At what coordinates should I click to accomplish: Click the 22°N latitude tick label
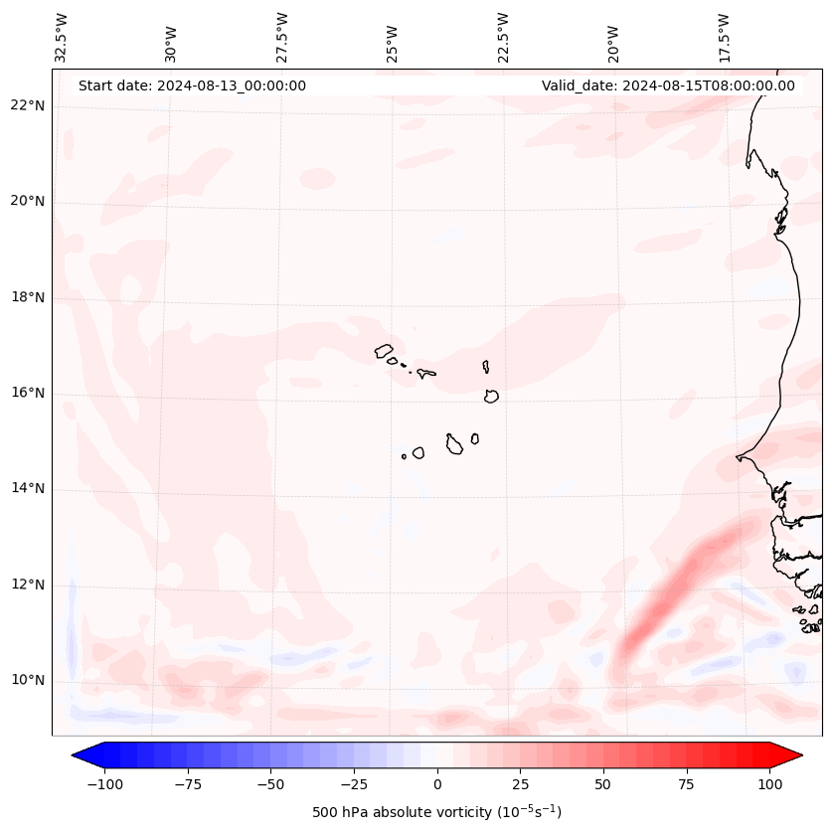pyautogui.click(x=29, y=105)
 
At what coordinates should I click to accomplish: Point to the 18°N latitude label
pyautogui.click(x=29, y=297)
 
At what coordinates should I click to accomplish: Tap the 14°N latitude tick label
pyautogui.click(x=29, y=488)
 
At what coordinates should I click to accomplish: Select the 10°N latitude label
pyautogui.click(x=29, y=680)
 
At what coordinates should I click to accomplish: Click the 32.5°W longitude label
pyautogui.click(x=62, y=38)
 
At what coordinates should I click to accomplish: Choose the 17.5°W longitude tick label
pyautogui.click(x=725, y=38)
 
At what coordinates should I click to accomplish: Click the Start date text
pyautogui.click(x=192, y=85)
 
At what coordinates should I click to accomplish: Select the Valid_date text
pyautogui.click(x=668, y=85)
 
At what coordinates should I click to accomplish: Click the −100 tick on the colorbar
pyautogui.click(x=104, y=784)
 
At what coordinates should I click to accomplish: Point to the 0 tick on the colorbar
pyautogui.click(x=437, y=784)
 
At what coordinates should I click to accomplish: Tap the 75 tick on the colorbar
pyautogui.click(x=687, y=784)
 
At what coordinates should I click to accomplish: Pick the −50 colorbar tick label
pyautogui.click(x=270, y=784)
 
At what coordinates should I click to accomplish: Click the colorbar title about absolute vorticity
pyautogui.click(x=436, y=812)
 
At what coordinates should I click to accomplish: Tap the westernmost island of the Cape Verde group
pyautogui.click(x=384, y=350)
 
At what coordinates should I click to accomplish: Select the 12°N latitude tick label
pyautogui.click(x=29, y=584)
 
